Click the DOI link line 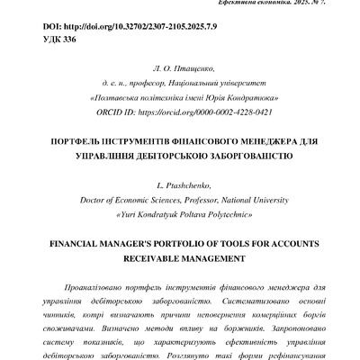[x=116, y=29]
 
